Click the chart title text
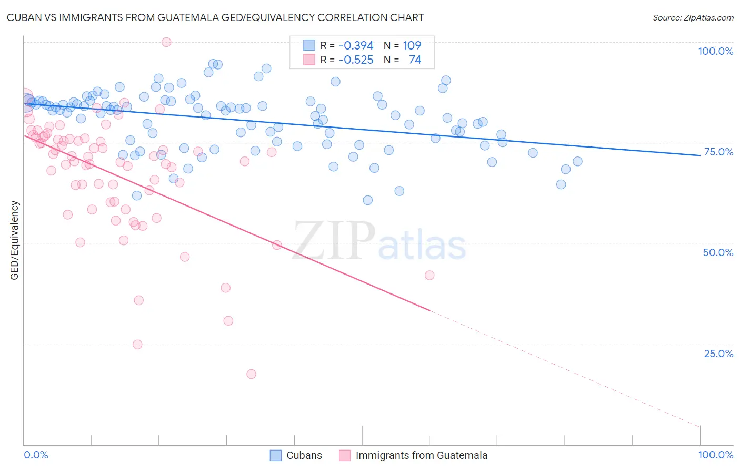tap(215, 17)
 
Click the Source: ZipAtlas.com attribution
tap(693, 17)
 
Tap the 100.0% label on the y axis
tap(715, 51)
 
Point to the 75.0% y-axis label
tap(718, 152)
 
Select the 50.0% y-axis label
tap(718, 252)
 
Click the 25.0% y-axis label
tap(718, 354)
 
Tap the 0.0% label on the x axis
tap(36, 455)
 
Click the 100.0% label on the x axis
tap(715, 455)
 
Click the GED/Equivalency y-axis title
tap(15, 240)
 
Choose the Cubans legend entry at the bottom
tap(304, 455)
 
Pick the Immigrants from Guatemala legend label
tap(421, 455)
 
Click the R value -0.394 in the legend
tap(356, 46)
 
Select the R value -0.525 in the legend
tap(356, 60)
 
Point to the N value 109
tap(412, 46)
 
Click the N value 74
tap(415, 60)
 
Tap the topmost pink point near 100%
tap(166, 42)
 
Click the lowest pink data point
tap(251, 374)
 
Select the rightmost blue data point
tap(577, 162)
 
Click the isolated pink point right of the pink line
tap(429, 275)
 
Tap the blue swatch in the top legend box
tap(309, 45)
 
